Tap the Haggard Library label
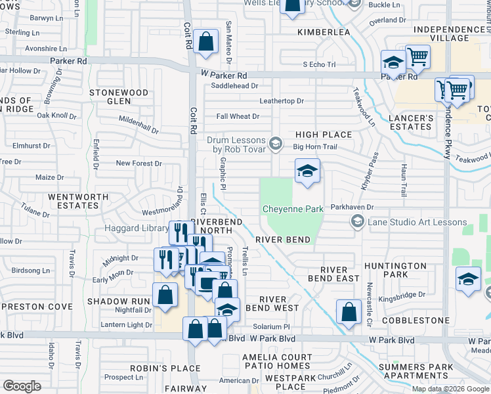[x=136, y=228]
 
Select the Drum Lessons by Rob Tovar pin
[x=276, y=142]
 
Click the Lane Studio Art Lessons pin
[x=357, y=223]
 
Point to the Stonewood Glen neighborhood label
[x=119, y=97]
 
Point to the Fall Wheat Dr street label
[x=238, y=116]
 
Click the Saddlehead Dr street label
[x=234, y=85]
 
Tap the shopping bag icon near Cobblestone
[x=349, y=312]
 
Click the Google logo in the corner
[x=22, y=386]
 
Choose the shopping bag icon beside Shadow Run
[x=165, y=295]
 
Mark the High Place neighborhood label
[x=324, y=135]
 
